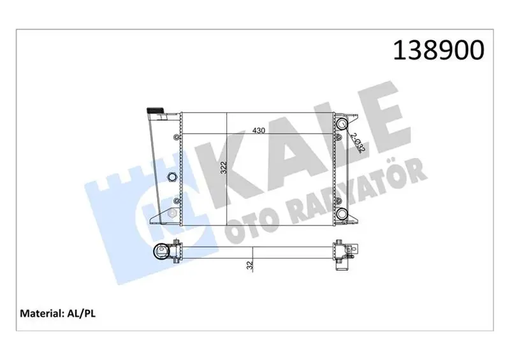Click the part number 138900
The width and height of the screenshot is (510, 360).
[439, 50]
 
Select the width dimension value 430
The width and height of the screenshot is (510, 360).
[259, 131]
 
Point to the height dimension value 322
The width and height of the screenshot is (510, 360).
[224, 168]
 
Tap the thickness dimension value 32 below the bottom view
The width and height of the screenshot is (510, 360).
[250, 265]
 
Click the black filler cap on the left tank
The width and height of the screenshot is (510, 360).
[156, 110]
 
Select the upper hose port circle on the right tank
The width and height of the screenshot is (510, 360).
[342, 123]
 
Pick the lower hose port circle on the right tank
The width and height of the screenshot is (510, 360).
[342, 213]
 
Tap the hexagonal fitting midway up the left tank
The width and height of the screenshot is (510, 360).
[171, 177]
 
